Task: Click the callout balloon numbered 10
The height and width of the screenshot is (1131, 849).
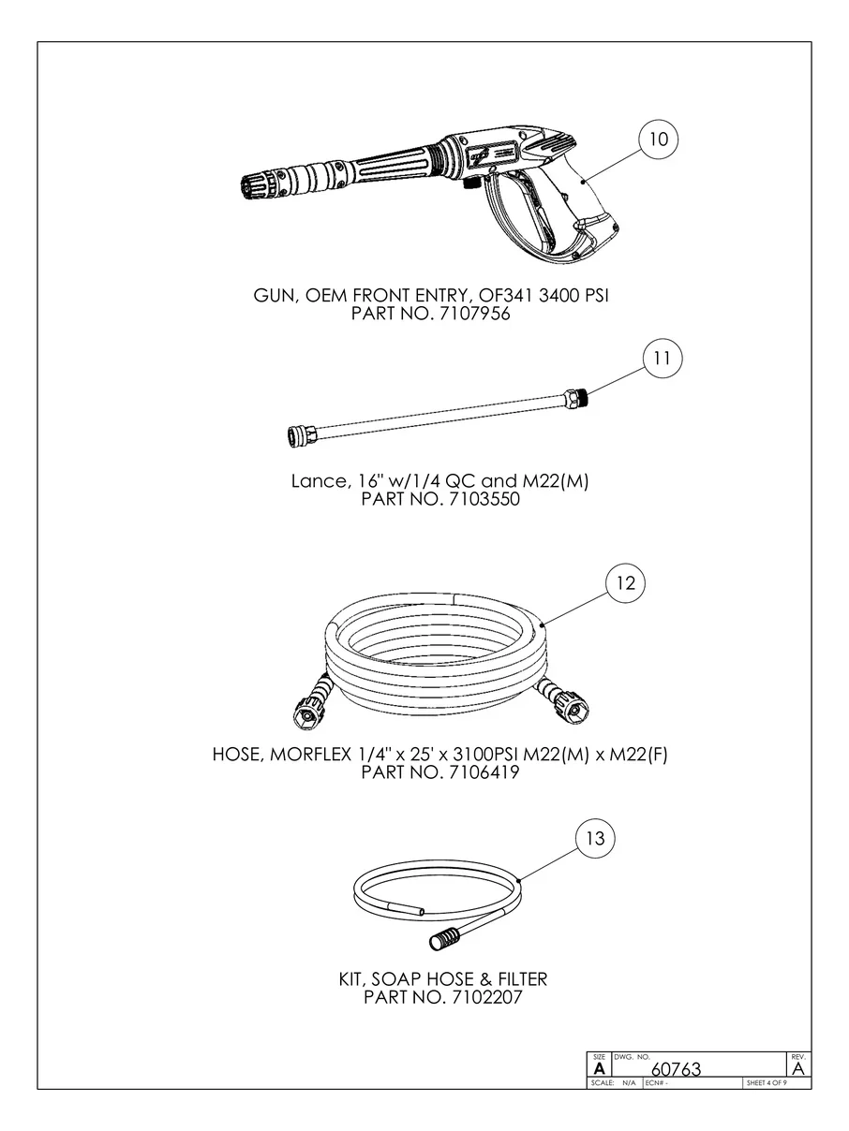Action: coord(658,140)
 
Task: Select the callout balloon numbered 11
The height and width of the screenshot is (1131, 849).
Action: coord(663,358)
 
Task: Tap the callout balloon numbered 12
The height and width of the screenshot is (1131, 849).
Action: coord(625,582)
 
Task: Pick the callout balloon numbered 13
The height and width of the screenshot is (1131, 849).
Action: coord(595,838)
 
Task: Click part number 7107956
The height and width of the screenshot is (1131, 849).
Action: coord(474,314)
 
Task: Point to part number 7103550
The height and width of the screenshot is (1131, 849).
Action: coord(484,499)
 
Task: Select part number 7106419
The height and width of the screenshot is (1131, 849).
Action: coord(484,772)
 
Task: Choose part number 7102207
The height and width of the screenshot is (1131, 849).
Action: coord(486,997)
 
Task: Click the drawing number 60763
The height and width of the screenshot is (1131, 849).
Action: coord(677,1069)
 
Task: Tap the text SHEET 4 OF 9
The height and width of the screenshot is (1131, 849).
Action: coord(767,1083)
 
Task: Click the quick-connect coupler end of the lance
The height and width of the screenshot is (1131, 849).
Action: coord(297,436)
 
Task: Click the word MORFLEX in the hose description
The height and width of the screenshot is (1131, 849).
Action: coord(310,755)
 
